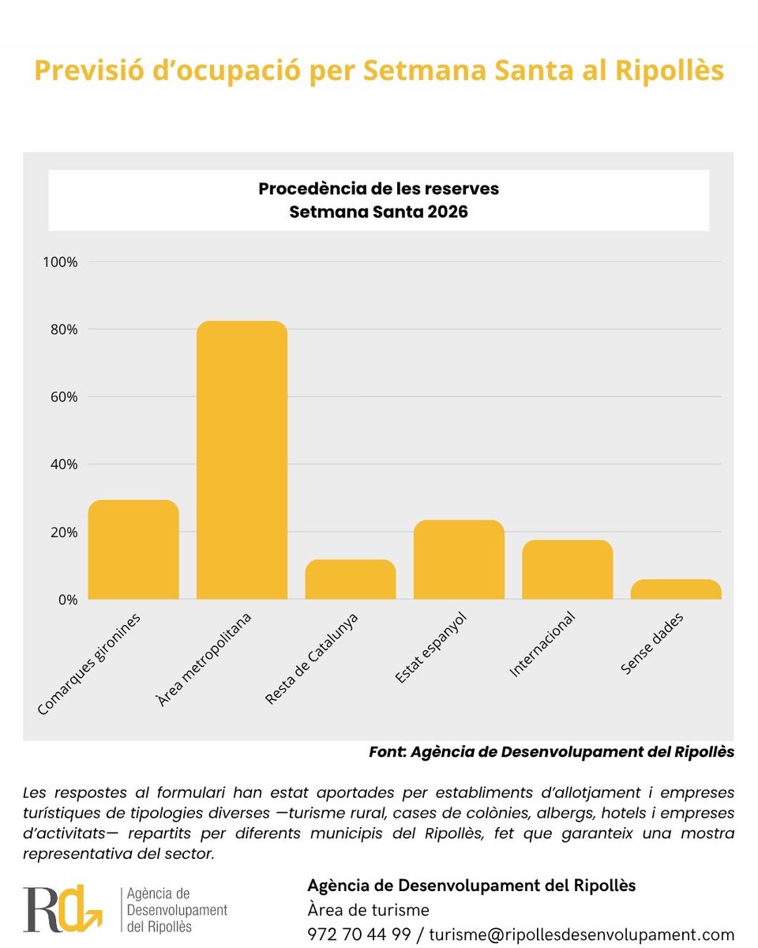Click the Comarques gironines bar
(x=133, y=550)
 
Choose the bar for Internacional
(x=567, y=570)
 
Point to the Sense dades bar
(x=675, y=589)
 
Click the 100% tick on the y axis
(x=60, y=261)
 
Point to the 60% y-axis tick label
(x=62, y=397)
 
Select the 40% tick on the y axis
(x=62, y=465)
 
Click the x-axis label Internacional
(x=542, y=645)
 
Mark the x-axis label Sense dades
(x=651, y=644)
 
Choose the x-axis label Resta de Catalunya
(x=311, y=659)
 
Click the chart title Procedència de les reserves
(x=378, y=190)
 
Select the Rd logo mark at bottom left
(x=62, y=909)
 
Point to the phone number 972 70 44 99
(x=359, y=934)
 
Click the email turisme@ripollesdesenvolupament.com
(x=581, y=934)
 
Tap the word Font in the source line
(x=387, y=752)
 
